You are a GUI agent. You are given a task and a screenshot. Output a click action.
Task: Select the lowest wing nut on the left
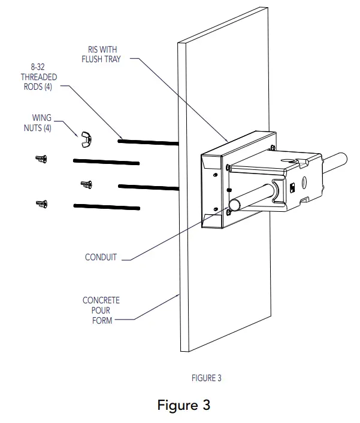point(41,205)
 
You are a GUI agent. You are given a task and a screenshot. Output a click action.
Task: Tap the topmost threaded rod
point(149,142)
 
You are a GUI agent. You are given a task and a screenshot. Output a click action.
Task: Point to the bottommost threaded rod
point(106,207)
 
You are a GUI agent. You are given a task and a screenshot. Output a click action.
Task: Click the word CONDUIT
point(101,258)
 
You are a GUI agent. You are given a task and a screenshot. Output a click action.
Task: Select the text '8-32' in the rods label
point(38,68)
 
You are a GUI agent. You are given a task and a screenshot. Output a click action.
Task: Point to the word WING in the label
point(42,118)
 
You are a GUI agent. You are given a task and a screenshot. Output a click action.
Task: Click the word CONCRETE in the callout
point(101,300)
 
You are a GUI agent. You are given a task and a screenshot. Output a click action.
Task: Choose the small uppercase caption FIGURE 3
point(206,378)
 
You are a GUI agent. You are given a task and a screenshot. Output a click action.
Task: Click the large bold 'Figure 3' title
point(183,405)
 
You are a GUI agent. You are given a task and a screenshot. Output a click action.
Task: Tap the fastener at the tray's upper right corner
point(272,146)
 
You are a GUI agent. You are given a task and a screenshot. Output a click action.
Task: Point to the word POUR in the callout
point(101,310)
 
